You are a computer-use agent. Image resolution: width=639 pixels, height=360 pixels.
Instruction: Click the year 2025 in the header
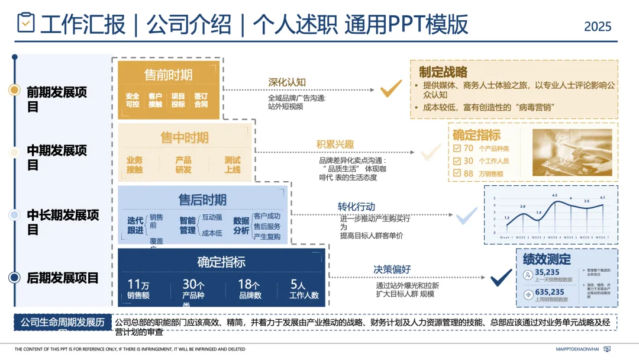click(598, 26)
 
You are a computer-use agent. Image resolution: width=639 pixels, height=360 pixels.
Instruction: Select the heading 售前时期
click(169, 75)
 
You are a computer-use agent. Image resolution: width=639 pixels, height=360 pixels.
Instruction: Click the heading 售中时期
click(185, 138)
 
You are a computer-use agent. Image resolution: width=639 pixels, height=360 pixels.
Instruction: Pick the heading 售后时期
click(202, 200)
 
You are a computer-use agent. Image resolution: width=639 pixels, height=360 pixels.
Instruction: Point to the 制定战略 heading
click(443, 72)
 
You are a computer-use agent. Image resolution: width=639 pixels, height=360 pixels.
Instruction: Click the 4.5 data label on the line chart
click(554, 195)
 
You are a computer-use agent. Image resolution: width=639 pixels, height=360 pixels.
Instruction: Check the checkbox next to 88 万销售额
click(456, 173)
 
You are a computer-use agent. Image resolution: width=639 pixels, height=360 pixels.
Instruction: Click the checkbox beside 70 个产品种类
click(456, 149)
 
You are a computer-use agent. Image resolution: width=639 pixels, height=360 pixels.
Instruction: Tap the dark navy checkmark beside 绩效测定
click(501, 277)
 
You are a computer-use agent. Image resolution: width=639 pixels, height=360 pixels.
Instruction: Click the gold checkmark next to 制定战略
click(391, 89)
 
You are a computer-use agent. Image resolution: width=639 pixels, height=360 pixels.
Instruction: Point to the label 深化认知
click(287, 82)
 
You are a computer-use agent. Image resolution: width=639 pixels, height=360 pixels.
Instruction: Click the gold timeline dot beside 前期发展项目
click(15, 90)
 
